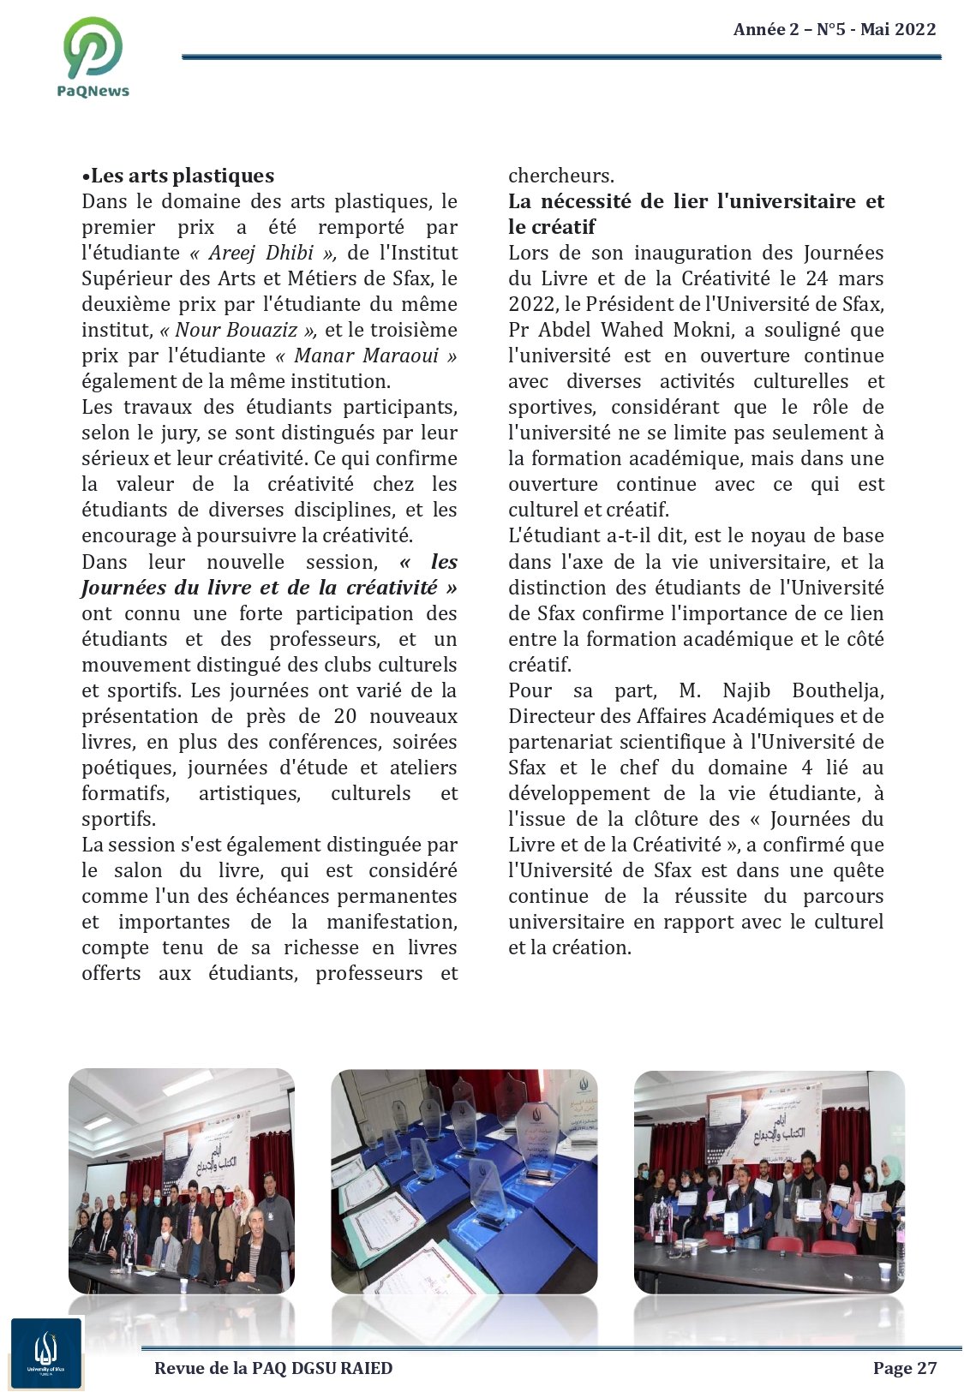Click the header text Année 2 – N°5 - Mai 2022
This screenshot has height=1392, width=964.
(x=834, y=29)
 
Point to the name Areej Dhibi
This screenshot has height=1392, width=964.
(x=260, y=253)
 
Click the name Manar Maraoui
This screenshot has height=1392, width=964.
(x=366, y=355)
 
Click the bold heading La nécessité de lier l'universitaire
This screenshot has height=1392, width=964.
(x=696, y=201)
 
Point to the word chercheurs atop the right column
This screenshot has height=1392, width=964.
(x=560, y=176)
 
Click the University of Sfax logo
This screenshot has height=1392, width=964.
(x=46, y=1353)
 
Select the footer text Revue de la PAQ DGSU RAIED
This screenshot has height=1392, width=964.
(x=273, y=1368)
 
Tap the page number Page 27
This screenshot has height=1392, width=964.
(x=904, y=1368)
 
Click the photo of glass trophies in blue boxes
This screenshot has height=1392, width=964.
(x=464, y=1180)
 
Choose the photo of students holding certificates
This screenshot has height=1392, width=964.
(x=769, y=1180)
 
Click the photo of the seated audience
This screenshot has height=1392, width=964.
(x=182, y=1180)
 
